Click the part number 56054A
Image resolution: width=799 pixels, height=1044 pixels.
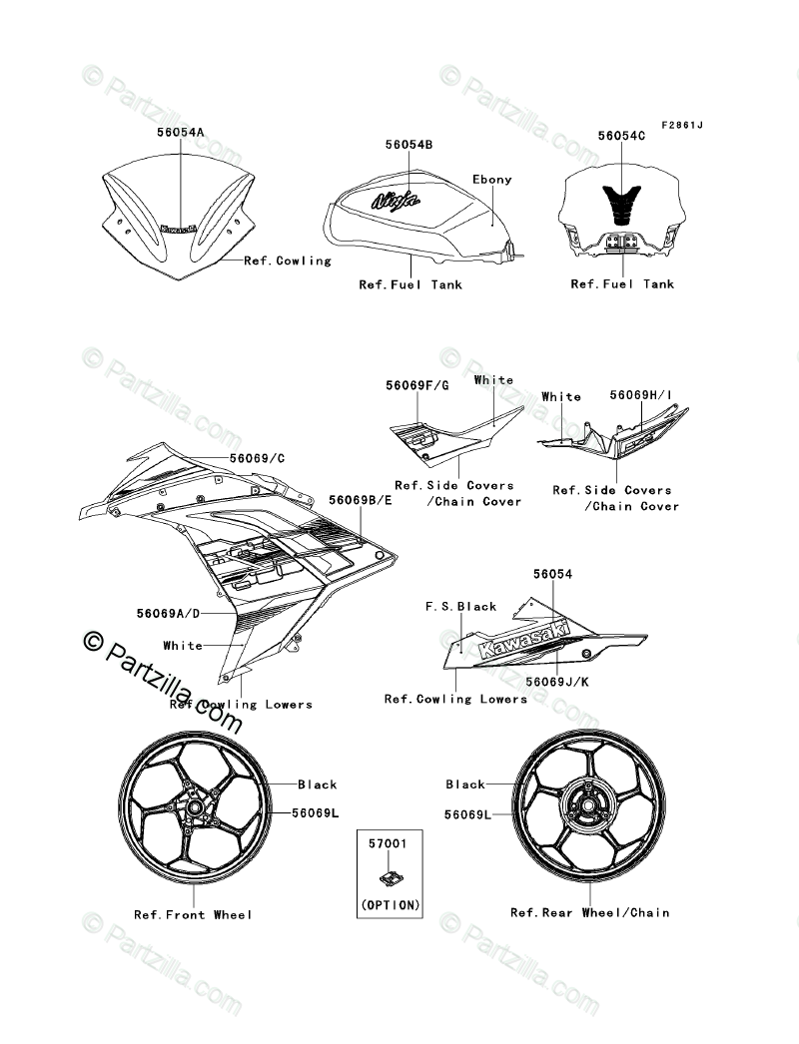point(180,132)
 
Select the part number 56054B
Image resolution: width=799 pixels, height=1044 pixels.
point(408,145)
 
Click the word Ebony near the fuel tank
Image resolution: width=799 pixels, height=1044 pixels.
point(491,180)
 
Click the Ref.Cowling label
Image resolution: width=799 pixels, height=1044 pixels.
point(289,261)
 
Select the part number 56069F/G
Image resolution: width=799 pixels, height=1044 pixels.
point(417,384)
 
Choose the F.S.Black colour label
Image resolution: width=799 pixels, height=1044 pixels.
point(460,606)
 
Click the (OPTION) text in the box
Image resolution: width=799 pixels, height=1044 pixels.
point(389,904)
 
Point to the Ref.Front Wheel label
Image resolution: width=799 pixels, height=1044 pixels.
point(193,914)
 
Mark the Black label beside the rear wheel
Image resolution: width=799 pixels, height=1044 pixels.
point(465,784)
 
